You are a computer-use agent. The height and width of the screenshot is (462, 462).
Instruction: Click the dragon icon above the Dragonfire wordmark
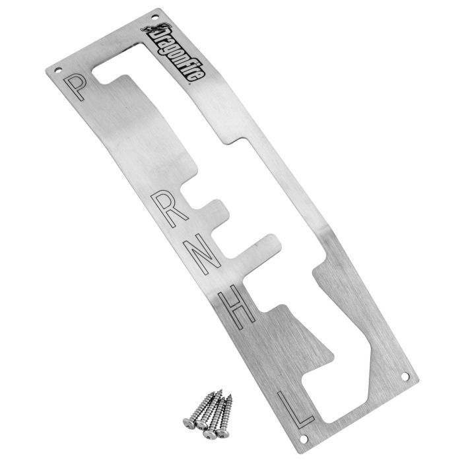coord(155,28)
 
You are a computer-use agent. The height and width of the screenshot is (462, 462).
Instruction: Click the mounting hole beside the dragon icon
coord(154,17)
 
